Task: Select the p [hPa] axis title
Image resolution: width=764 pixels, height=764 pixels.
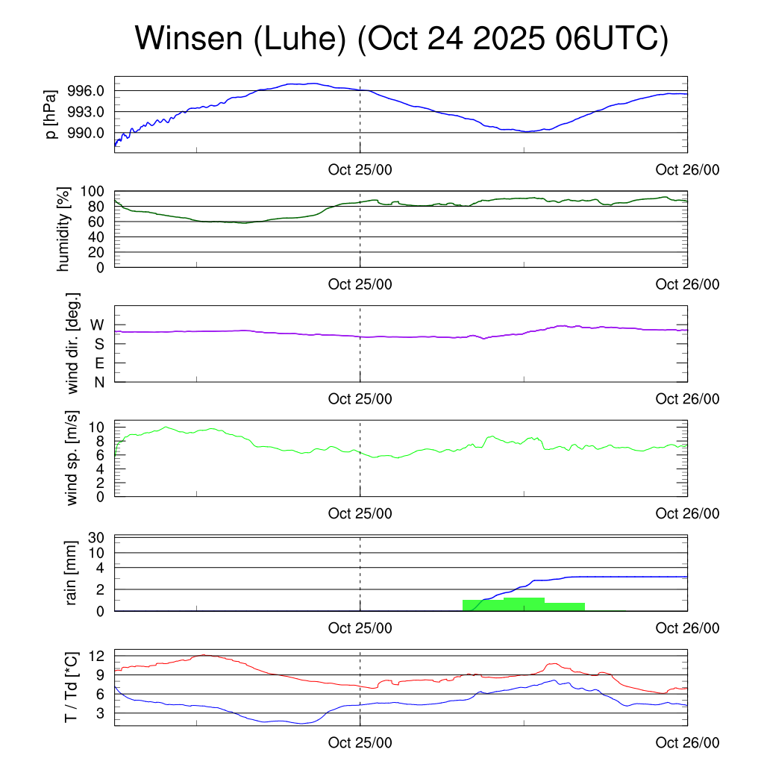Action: pyautogui.click(x=51, y=113)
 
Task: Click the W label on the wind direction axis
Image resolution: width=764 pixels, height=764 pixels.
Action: pyautogui.click(x=97, y=325)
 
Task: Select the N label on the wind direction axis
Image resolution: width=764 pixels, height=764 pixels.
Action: pyautogui.click(x=98, y=382)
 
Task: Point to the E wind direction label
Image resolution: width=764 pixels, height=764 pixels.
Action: pyautogui.click(x=98, y=363)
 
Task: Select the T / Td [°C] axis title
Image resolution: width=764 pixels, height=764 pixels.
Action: pyautogui.click(x=72, y=686)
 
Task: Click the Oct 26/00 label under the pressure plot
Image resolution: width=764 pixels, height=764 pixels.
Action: pyautogui.click(x=687, y=169)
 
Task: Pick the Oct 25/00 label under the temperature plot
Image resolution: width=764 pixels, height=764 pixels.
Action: pyautogui.click(x=360, y=743)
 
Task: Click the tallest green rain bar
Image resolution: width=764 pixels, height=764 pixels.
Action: pyautogui.click(x=524, y=604)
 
